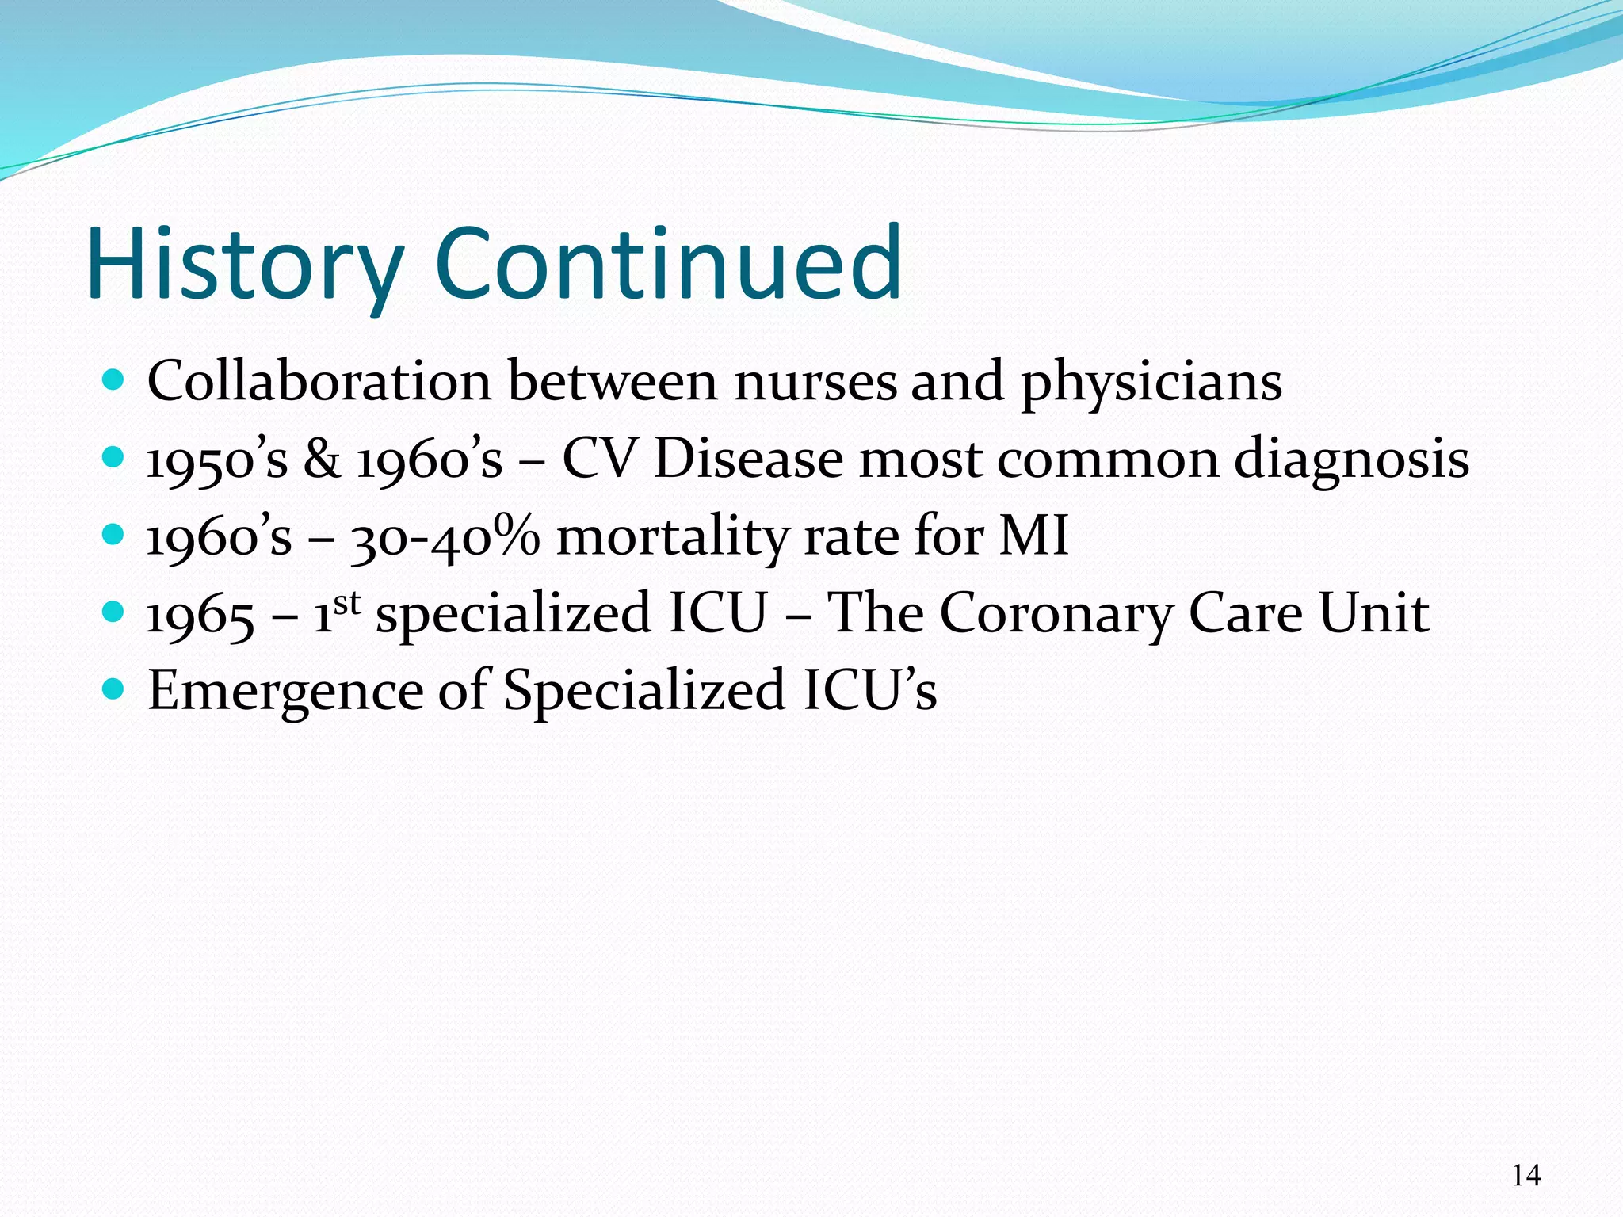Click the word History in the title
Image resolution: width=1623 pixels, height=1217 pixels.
[246, 265]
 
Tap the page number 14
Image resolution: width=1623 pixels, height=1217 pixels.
[1526, 1176]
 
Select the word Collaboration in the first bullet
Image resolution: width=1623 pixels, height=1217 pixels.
[319, 382]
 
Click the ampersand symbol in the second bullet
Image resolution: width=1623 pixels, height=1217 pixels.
[322, 460]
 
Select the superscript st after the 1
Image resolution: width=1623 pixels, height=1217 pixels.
[347, 603]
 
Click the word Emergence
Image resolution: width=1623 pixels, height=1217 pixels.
[285, 691]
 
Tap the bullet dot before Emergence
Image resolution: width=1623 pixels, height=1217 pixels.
[114, 689]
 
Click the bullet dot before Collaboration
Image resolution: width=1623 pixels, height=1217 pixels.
[114, 381]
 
